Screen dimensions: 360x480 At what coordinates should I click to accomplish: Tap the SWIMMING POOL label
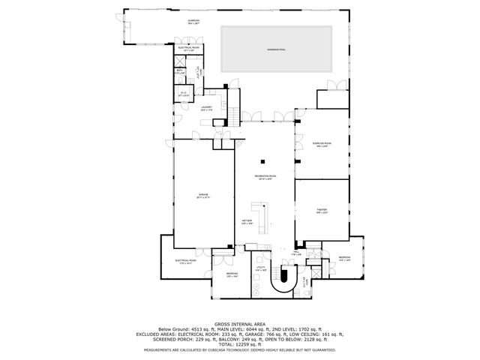[x=277, y=49]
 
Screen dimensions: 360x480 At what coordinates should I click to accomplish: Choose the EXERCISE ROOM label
[x=322, y=145]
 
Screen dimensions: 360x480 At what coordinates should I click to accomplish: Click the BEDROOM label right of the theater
[x=344, y=259]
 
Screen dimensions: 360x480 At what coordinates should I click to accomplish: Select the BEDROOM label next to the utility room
[x=232, y=274]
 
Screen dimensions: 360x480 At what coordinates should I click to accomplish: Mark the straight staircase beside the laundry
[x=233, y=115]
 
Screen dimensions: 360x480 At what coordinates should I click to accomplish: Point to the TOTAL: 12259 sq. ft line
[x=239, y=343]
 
